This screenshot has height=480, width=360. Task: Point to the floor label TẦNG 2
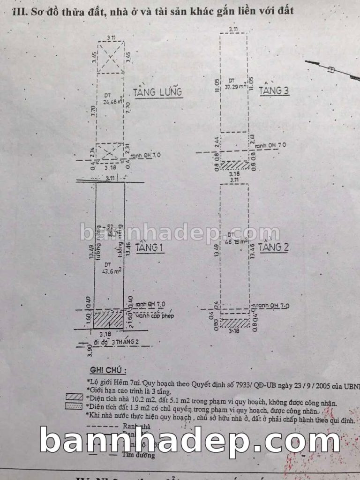click(273, 247)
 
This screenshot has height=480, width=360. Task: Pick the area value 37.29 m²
click(235, 86)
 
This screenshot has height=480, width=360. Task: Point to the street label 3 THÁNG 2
click(124, 342)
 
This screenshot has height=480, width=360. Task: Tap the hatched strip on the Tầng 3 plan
click(235, 165)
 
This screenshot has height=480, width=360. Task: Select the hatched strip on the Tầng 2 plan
click(235, 323)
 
